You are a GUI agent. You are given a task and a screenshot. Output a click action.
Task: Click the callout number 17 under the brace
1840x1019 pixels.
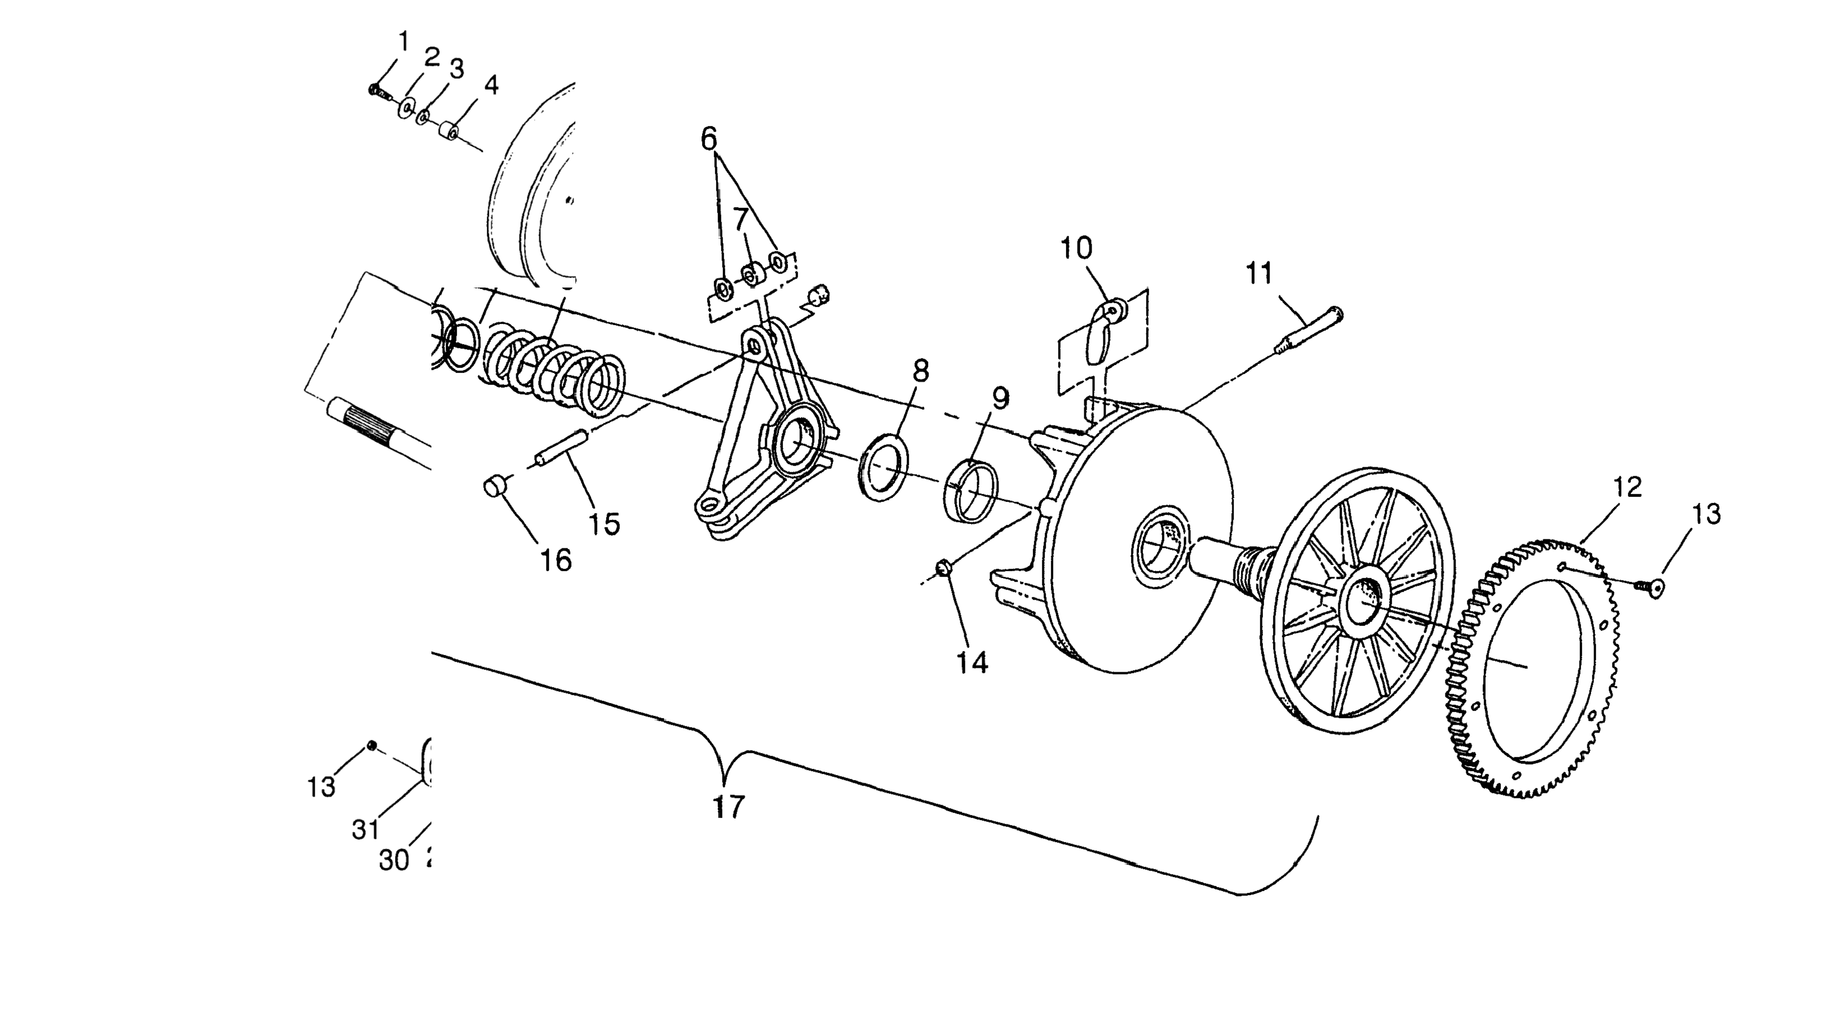[x=728, y=807]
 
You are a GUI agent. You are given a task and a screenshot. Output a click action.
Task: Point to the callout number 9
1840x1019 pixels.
[x=1000, y=399]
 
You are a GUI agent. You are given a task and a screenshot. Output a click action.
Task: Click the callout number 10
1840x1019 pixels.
[x=1076, y=248]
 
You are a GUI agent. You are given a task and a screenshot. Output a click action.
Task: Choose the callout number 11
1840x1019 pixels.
[x=1259, y=273]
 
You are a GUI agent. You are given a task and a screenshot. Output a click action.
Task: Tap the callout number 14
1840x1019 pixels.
[x=972, y=663]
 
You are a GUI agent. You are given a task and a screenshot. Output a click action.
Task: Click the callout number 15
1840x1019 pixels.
[x=604, y=524]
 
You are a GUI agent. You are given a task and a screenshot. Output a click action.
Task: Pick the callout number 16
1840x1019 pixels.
[x=556, y=560]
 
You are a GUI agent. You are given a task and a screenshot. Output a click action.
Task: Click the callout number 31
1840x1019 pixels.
[x=365, y=830]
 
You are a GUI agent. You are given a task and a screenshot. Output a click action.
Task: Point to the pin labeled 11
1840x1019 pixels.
[x=1307, y=335]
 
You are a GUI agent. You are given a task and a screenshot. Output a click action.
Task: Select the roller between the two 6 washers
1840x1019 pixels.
[x=750, y=273]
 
